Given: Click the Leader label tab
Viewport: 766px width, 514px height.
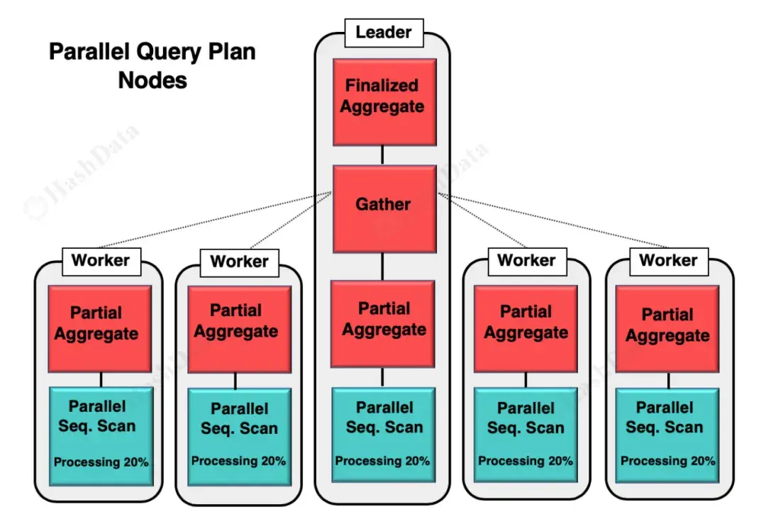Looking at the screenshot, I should pos(383,32).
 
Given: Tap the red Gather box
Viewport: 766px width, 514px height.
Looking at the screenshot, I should pos(383,205).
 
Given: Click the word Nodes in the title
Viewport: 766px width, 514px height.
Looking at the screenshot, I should pos(152,80).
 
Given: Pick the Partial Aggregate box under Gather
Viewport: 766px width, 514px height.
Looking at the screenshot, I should pos(384,320).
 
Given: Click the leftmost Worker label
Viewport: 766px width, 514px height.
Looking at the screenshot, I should pos(101,260).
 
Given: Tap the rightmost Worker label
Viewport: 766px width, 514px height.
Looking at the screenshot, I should pos(668,260).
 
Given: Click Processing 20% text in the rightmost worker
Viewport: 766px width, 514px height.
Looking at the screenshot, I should pos(668,462).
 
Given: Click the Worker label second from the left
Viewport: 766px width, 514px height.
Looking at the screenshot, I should pos(239,262).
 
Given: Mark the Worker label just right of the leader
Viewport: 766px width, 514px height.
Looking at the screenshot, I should pos(526,260).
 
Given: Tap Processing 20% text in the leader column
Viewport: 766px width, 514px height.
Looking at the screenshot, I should pos(383,461).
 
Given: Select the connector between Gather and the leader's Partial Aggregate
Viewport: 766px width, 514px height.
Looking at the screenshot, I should pos(383,267).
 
